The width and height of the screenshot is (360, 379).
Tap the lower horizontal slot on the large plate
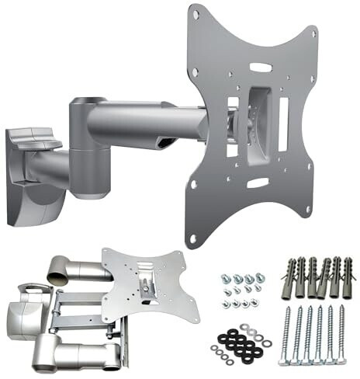click(259, 183)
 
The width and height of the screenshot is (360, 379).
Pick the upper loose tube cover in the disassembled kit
click(74, 269)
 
